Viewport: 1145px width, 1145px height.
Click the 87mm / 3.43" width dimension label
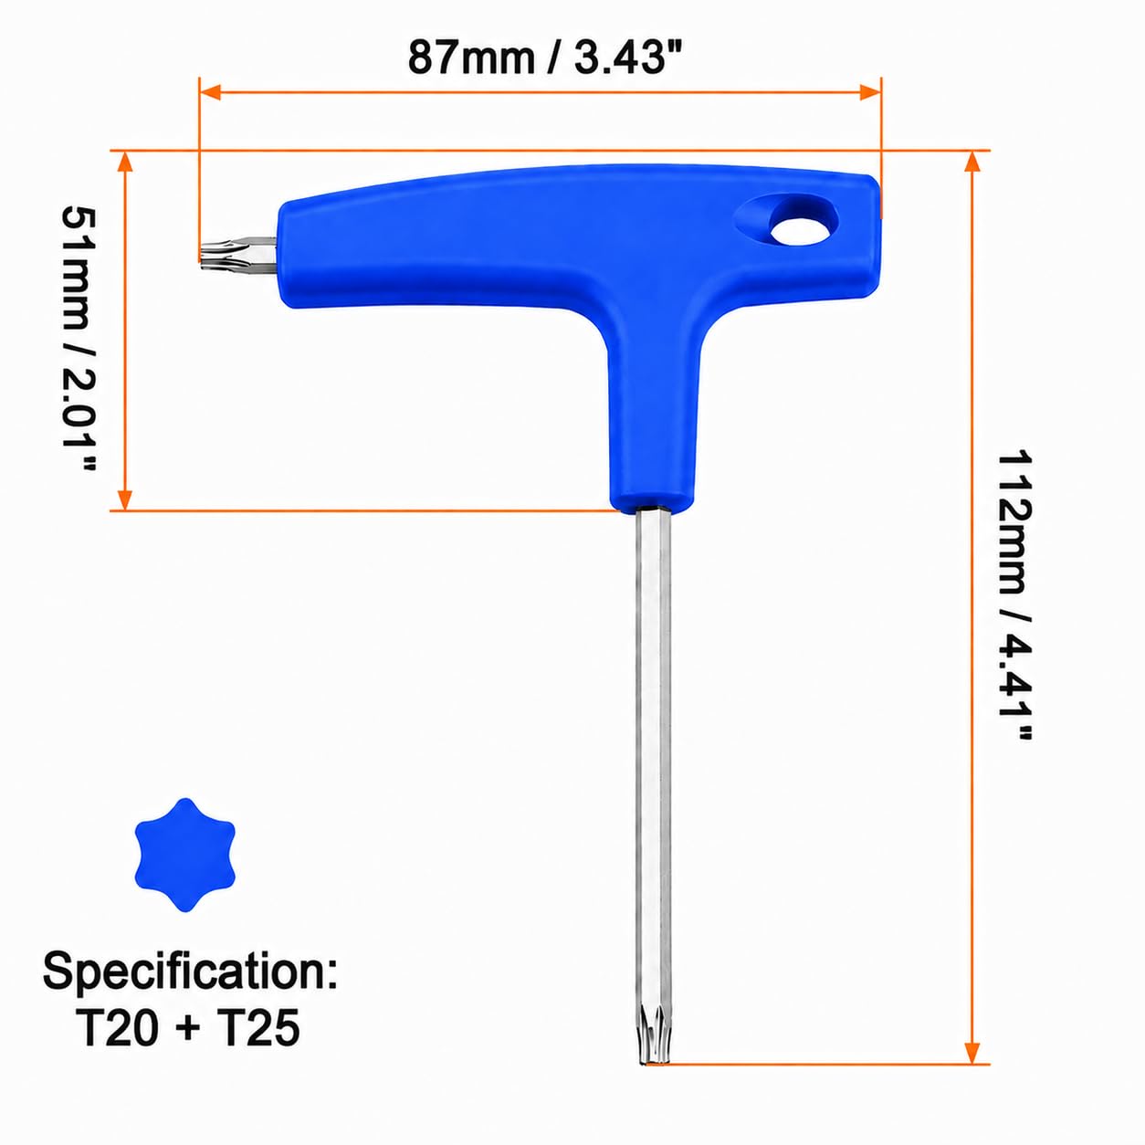[x=544, y=58]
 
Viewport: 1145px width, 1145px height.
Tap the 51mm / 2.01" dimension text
[x=79, y=340]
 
